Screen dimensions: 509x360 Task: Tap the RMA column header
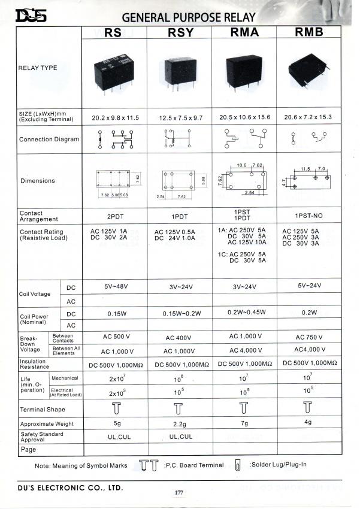click(244, 32)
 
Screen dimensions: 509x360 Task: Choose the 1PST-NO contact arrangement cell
click(309, 216)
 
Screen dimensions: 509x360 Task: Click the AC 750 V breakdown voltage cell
click(309, 337)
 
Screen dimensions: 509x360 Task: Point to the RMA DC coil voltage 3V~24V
click(244, 286)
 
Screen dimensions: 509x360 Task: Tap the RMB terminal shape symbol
click(308, 408)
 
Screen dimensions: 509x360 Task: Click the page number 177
click(179, 493)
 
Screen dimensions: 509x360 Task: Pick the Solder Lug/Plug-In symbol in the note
click(238, 465)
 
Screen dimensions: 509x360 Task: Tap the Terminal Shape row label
click(42, 410)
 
